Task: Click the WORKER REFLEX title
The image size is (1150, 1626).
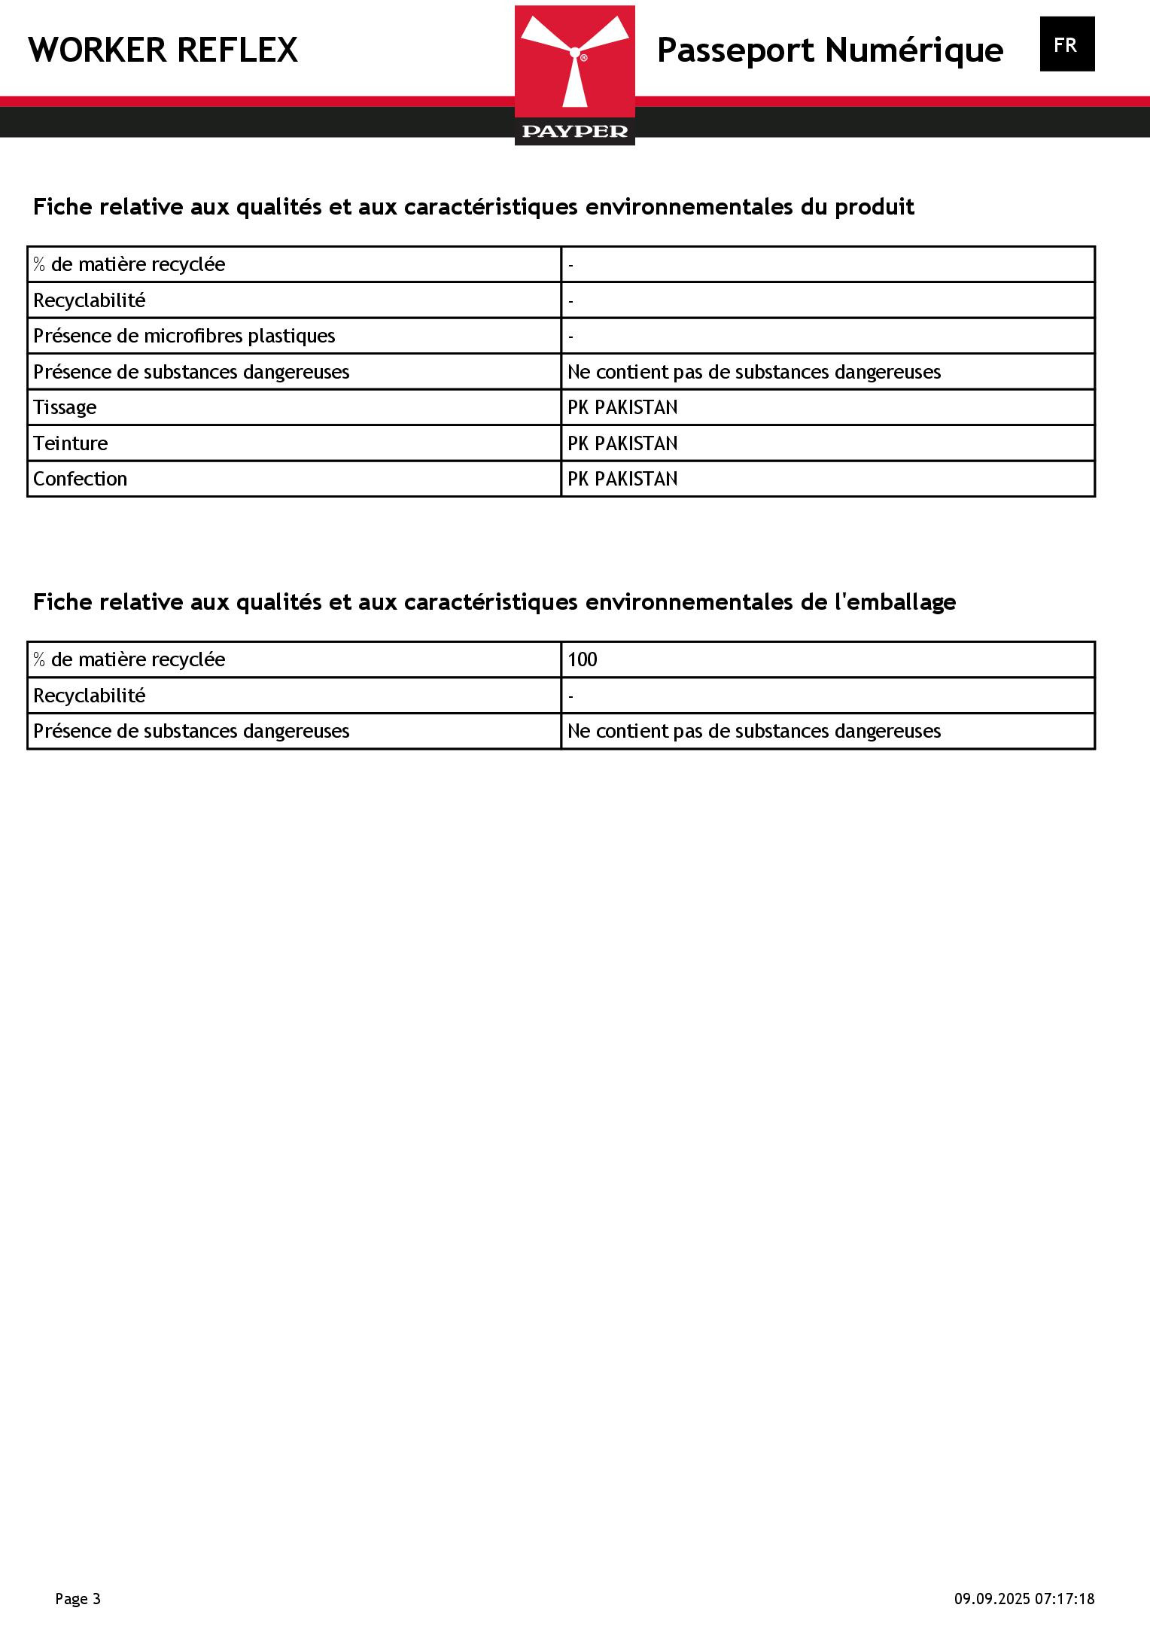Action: click(163, 50)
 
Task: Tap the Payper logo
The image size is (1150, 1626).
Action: click(574, 75)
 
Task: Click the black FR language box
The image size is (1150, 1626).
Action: click(1066, 44)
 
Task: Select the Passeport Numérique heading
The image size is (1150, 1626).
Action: click(829, 50)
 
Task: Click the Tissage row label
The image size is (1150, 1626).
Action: click(65, 407)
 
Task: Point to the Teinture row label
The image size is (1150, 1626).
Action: click(70, 443)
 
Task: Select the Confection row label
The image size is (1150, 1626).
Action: click(80, 479)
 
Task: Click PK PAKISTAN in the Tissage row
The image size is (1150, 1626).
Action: click(622, 407)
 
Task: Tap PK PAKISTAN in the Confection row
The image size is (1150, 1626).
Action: click(622, 479)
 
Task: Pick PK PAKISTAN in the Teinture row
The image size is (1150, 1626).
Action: click(622, 443)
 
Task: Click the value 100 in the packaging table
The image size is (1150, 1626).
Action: click(582, 659)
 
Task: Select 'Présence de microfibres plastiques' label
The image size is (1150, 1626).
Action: click(184, 336)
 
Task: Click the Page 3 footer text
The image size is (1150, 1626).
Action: click(78, 1598)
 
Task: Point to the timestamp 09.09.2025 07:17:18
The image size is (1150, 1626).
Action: click(1024, 1598)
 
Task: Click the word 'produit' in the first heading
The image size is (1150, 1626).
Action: click(874, 207)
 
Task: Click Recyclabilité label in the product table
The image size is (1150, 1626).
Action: click(89, 300)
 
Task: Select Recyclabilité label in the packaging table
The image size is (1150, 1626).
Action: click(89, 696)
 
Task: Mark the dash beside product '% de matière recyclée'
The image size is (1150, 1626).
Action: click(571, 265)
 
